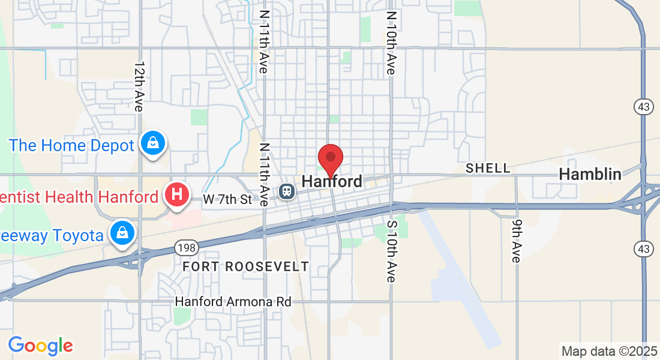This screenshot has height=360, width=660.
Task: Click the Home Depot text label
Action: pyautogui.click(x=71, y=145)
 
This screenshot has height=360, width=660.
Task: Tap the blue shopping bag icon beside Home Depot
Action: pyautogui.click(x=153, y=143)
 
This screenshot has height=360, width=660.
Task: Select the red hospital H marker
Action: pyautogui.click(x=177, y=196)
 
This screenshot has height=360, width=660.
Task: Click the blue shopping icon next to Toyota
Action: pyautogui.click(x=122, y=233)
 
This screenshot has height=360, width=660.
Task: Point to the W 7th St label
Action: pyautogui.click(x=227, y=199)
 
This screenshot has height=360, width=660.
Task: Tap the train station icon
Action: pyautogui.click(x=287, y=191)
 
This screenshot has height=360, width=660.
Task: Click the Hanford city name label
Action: pyautogui.click(x=332, y=181)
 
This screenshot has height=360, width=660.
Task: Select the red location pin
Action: pyautogui.click(x=330, y=160)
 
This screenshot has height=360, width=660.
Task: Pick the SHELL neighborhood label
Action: pyautogui.click(x=488, y=169)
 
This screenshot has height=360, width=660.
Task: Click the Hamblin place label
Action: pyautogui.click(x=590, y=175)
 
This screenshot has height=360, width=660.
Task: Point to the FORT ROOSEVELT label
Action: pyautogui.click(x=246, y=266)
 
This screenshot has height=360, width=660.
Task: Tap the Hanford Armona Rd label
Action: pyautogui.click(x=233, y=301)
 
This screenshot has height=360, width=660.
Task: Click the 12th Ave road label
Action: pyautogui.click(x=139, y=86)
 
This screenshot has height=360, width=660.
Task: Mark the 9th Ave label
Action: pyautogui.click(x=517, y=240)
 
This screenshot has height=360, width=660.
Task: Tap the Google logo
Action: pyautogui.click(x=40, y=346)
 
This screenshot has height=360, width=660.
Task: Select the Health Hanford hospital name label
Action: pyautogui.click(x=80, y=197)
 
